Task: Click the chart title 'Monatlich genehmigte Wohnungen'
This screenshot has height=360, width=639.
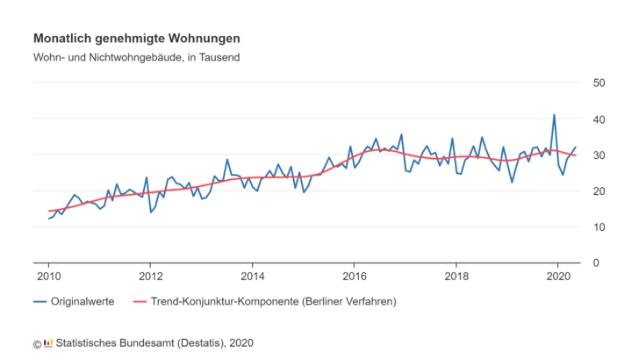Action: (x=136, y=40)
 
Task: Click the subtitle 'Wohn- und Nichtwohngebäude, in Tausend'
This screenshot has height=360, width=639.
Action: (x=136, y=58)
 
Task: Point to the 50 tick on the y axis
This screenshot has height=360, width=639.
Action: (x=600, y=83)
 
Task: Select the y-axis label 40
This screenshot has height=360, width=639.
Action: (x=600, y=119)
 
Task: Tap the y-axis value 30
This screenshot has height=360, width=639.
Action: (x=600, y=155)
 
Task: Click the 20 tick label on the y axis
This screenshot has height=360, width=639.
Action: (x=600, y=191)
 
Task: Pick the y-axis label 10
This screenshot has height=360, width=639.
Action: (x=600, y=227)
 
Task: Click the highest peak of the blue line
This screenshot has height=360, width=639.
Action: (x=554, y=115)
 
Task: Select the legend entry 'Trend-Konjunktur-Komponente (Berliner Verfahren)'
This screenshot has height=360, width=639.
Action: (x=274, y=301)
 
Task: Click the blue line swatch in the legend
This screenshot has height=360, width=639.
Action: (x=39, y=301)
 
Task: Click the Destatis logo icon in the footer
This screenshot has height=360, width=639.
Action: (x=47, y=342)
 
